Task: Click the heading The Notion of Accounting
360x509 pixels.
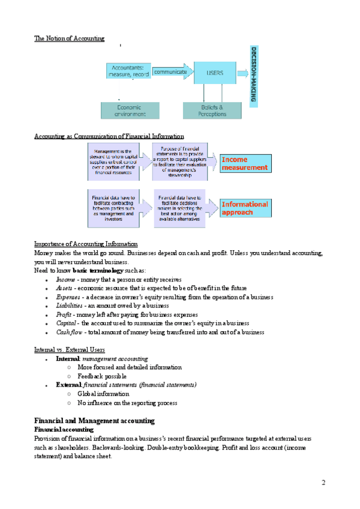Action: [x=69, y=38]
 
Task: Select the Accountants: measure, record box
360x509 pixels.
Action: [x=128, y=71]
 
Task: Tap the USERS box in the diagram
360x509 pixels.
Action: [x=215, y=73]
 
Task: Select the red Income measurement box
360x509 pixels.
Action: [x=244, y=163]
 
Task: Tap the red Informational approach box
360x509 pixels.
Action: [x=244, y=208]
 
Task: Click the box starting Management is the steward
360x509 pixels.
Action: [x=113, y=161]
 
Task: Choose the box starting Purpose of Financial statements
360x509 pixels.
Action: [x=179, y=161]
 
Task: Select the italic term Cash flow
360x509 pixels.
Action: [x=70, y=332]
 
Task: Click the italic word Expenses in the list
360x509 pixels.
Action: [x=68, y=297]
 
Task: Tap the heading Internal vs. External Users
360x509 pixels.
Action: [x=70, y=349]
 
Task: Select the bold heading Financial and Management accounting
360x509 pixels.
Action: [x=94, y=421]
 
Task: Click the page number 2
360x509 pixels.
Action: [x=323, y=483]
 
